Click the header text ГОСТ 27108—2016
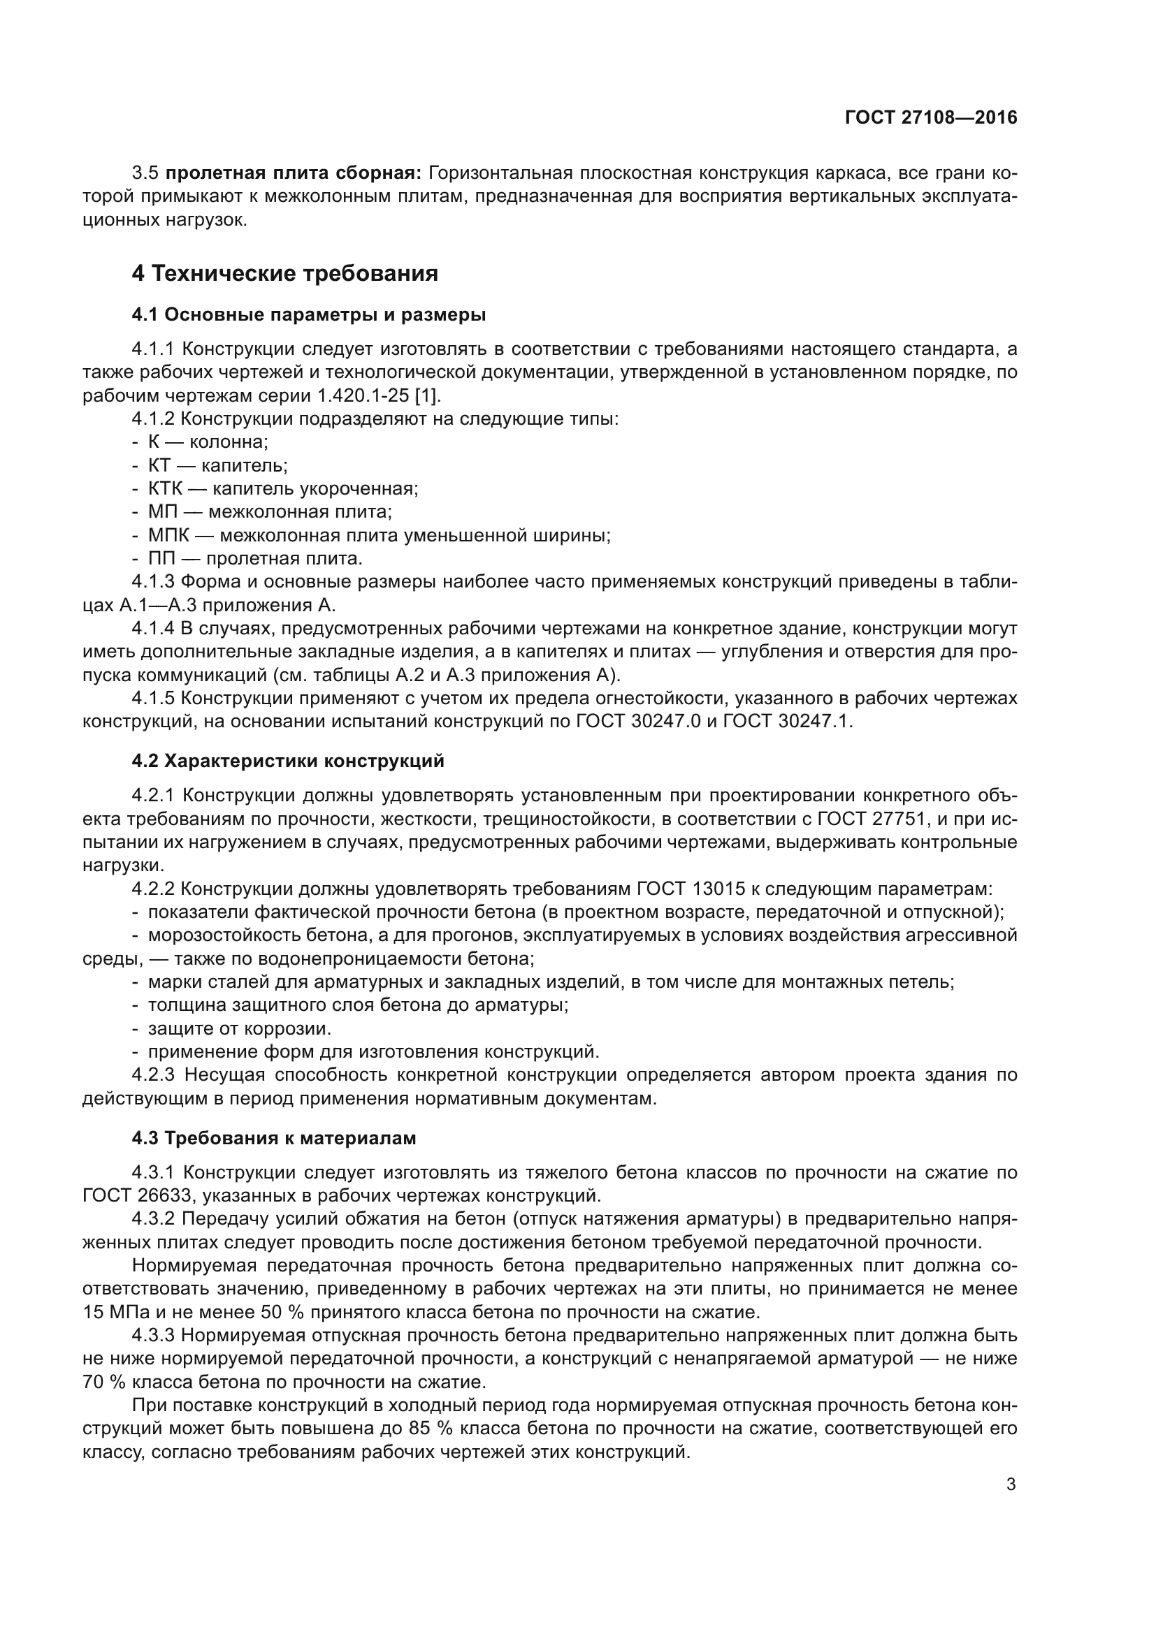coord(930,118)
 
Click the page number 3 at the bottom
coord(1011,1485)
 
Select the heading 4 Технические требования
coord(284,273)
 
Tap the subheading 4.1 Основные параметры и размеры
coord(309,314)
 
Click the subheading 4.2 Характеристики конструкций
coord(287,761)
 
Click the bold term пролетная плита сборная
coord(294,173)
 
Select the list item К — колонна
coord(207,442)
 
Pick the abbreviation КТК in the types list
coord(165,489)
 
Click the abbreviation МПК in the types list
coord(168,535)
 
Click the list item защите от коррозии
coord(239,1029)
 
